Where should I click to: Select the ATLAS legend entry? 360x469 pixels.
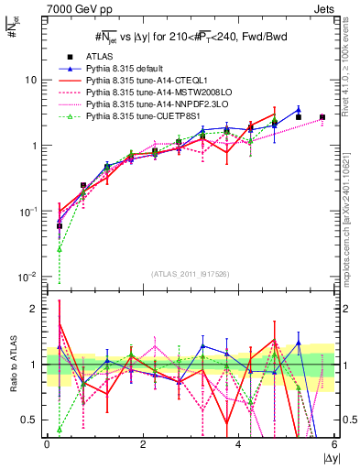click(x=102, y=57)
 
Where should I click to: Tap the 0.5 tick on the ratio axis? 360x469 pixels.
click(x=30, y=420)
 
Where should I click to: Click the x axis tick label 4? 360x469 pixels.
click(x=238, y=444)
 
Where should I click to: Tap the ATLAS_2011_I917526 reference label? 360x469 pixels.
click(x=191, y=274)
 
